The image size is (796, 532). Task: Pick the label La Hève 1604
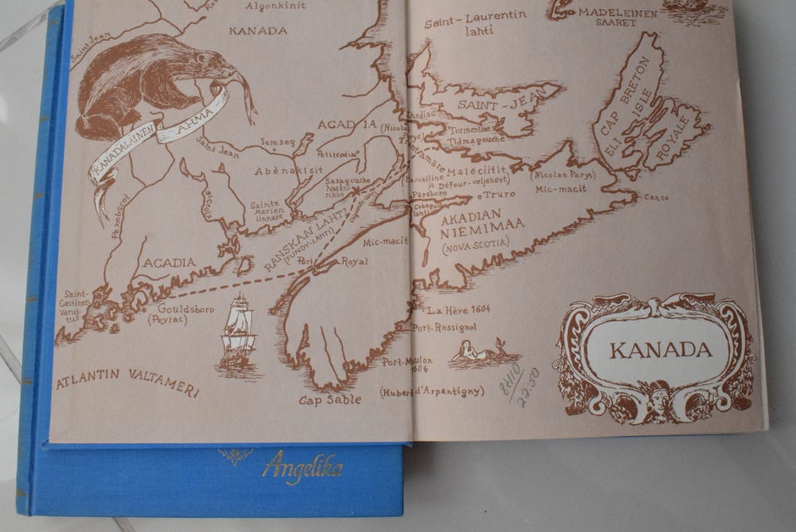(459, 310)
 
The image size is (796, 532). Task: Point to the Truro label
(498, 194)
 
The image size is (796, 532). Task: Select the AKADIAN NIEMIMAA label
(475, 226)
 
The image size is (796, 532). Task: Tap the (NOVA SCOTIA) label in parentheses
(476, 245)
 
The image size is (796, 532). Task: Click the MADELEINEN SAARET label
(617, 17)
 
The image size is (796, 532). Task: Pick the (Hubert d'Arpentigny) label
(431, 389)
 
